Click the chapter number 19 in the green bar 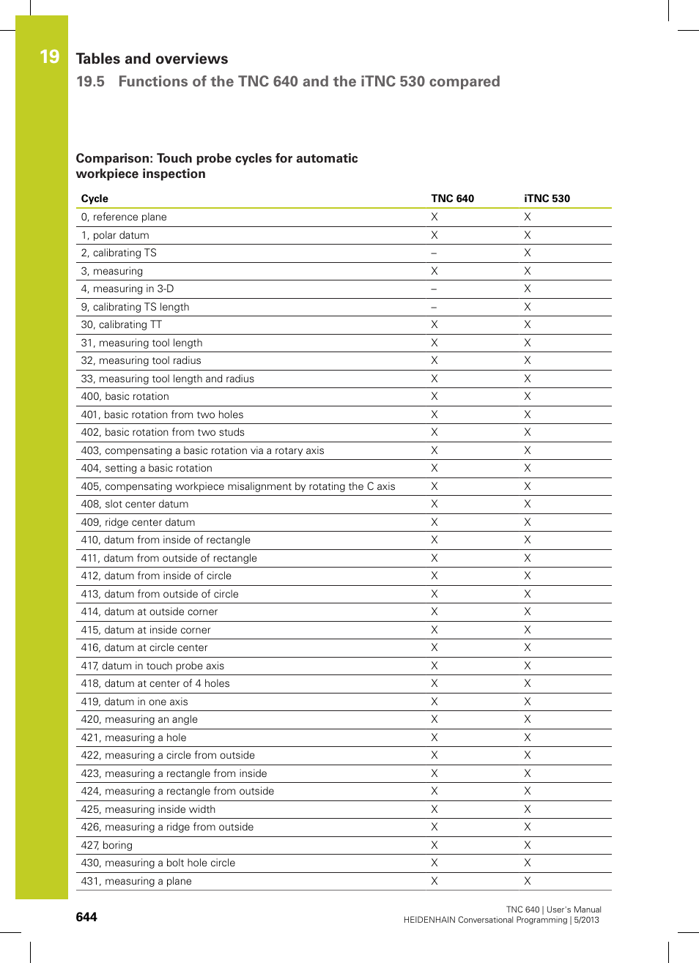(49, 57)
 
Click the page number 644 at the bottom (86, 917)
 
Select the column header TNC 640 (452, 198)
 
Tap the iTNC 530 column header (547, 198)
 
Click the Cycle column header (95, 198)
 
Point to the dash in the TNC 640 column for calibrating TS (434, 253)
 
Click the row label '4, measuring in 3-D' (127, 289)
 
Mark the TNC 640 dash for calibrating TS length (434, 308)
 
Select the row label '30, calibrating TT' (122, 324)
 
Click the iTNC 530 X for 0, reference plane (528, 217)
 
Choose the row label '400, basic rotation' (125, 396)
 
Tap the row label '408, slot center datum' (135, 504)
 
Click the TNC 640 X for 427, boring (434, 845)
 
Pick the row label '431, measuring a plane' (136, 881)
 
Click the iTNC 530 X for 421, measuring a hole (528, 737)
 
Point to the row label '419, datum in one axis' (135, 702)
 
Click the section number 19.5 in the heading (90, 81)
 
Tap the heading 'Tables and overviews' (152, 59)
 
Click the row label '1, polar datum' (115, 235)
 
